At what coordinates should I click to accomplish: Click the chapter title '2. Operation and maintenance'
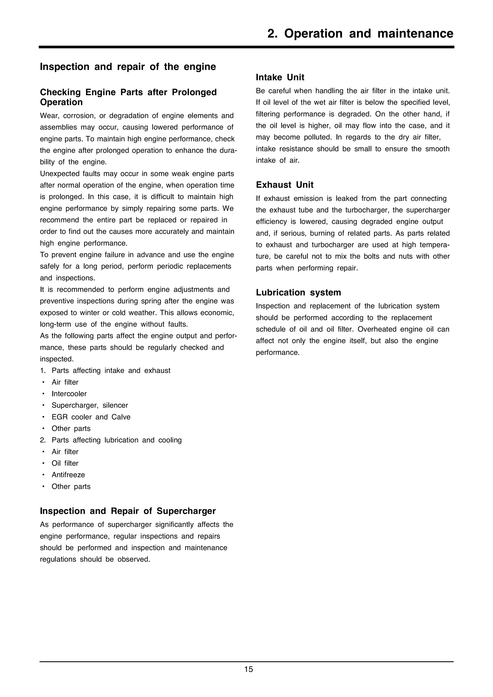point(360,33)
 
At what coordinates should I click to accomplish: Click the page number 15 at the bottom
point(248,678)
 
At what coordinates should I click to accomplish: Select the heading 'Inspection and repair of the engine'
point(128,67)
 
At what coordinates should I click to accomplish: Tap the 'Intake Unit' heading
point(280,77)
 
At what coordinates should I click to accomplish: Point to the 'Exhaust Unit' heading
point(285,185)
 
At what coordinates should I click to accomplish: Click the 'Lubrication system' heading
point(298,292)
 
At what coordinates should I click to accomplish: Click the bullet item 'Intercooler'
point(69,394)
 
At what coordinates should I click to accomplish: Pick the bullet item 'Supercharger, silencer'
point(90,405)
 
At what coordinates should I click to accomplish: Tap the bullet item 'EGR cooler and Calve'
point(91,417)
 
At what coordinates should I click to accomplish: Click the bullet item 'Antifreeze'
point(68,475)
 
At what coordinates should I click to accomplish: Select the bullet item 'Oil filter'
point(65,463)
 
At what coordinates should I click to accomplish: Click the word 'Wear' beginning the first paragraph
point(49,116)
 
